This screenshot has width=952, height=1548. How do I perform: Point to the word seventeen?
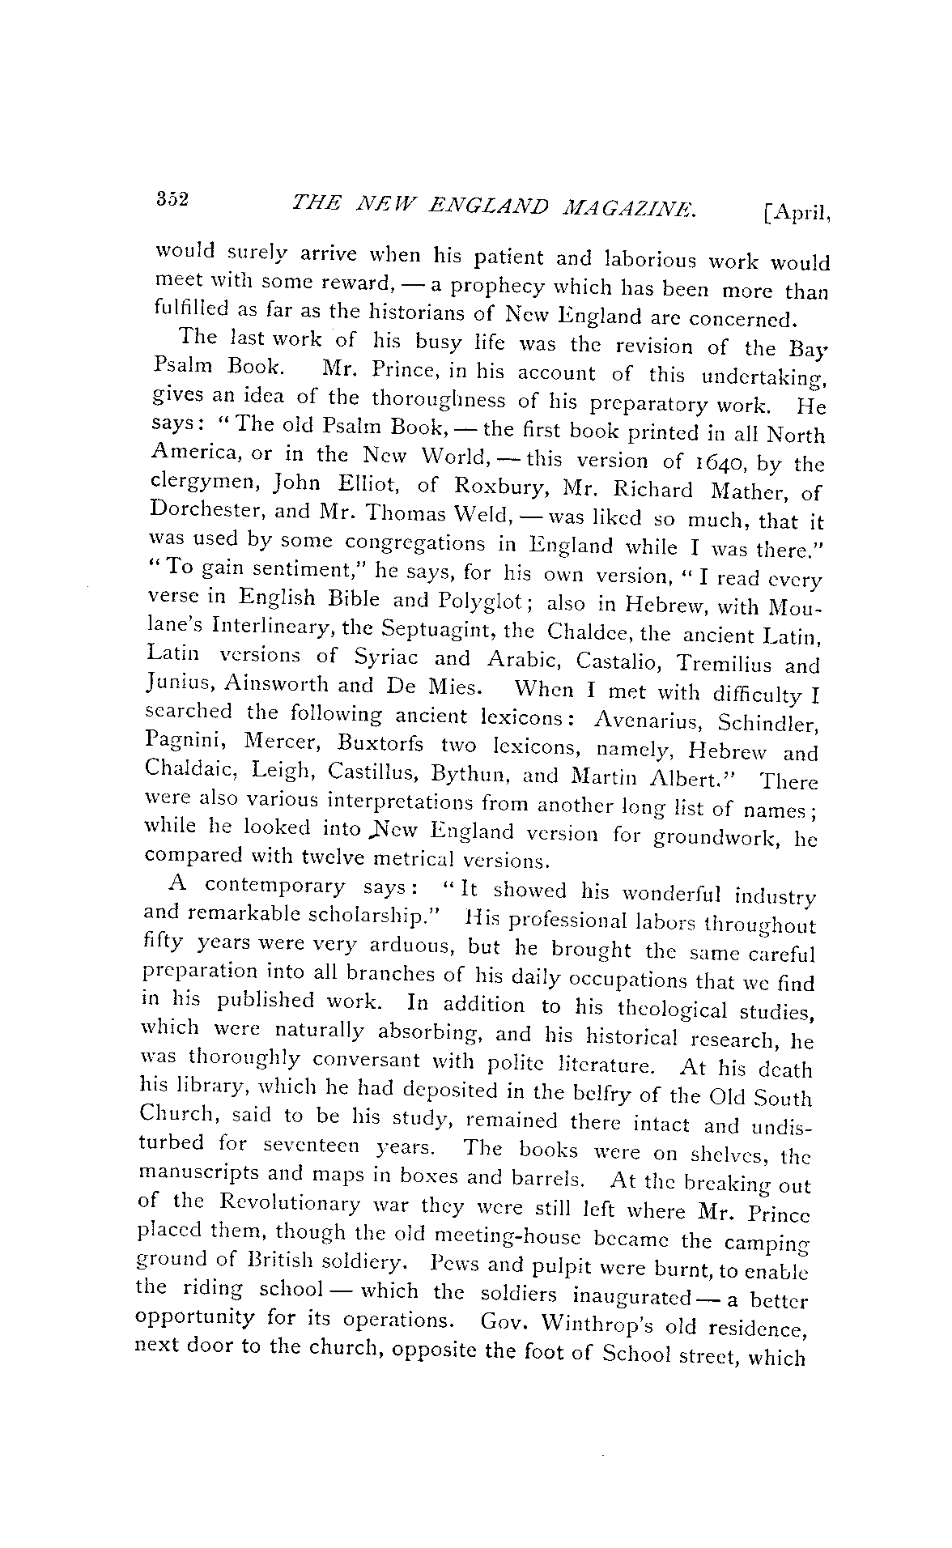tap(307, 1148)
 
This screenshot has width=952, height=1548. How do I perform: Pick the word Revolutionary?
tap(290, 1205)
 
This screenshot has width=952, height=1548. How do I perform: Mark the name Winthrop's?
tap(601, 1324)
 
